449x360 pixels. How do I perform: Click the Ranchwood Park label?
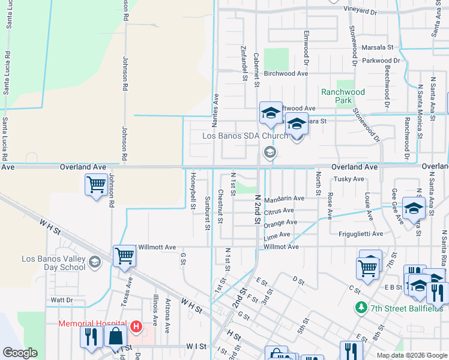click(343, 96)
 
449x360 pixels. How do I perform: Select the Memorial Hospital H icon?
click(136, 326)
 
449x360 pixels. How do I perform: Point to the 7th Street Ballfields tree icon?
click(361, 308)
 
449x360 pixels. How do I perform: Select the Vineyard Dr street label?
click(369, 10)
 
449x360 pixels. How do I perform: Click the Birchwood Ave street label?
click(286, 74)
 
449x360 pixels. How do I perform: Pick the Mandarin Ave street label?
click(284, 198)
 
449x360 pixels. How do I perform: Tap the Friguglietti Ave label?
click(360, 233)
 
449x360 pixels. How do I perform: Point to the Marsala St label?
click(377, 47)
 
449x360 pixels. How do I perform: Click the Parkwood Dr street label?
click(381, 61)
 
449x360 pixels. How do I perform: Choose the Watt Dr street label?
click(61, 299)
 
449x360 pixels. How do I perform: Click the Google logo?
click(20, 353)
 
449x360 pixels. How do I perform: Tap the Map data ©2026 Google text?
click(411, 355)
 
